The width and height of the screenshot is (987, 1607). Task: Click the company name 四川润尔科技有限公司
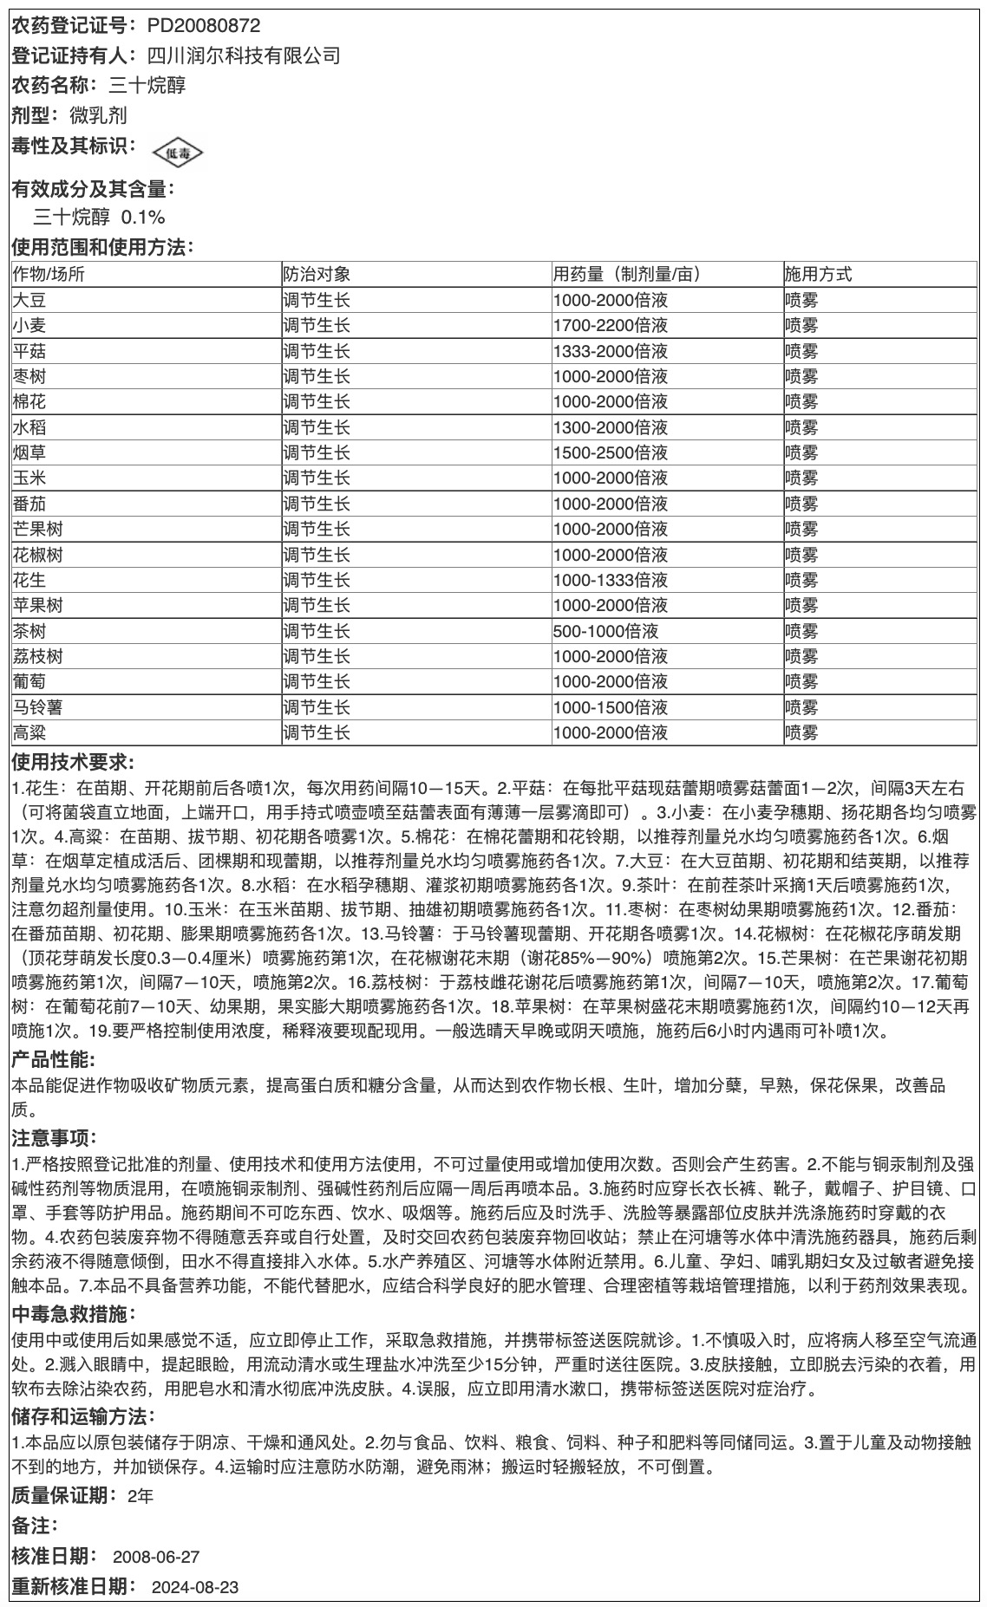243,56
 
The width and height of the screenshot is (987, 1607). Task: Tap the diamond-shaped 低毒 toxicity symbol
178,153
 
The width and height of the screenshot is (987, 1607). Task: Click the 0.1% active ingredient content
143,217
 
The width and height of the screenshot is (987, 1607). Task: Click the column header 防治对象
317,275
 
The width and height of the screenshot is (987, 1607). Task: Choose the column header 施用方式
818,275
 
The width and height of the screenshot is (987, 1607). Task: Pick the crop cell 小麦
30,326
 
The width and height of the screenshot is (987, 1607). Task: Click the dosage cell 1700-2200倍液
610,326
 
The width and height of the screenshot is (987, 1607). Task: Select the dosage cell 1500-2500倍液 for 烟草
610,452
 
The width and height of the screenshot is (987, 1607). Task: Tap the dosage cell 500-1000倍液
605,631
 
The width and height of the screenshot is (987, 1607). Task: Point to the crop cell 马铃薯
38,707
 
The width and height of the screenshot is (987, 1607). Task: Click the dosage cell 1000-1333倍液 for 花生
610,580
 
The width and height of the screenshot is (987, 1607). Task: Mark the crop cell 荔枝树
38,656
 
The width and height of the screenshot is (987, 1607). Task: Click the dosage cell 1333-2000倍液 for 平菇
610,351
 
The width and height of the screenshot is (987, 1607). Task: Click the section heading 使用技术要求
72,763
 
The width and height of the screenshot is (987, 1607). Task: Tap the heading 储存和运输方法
82,1416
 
